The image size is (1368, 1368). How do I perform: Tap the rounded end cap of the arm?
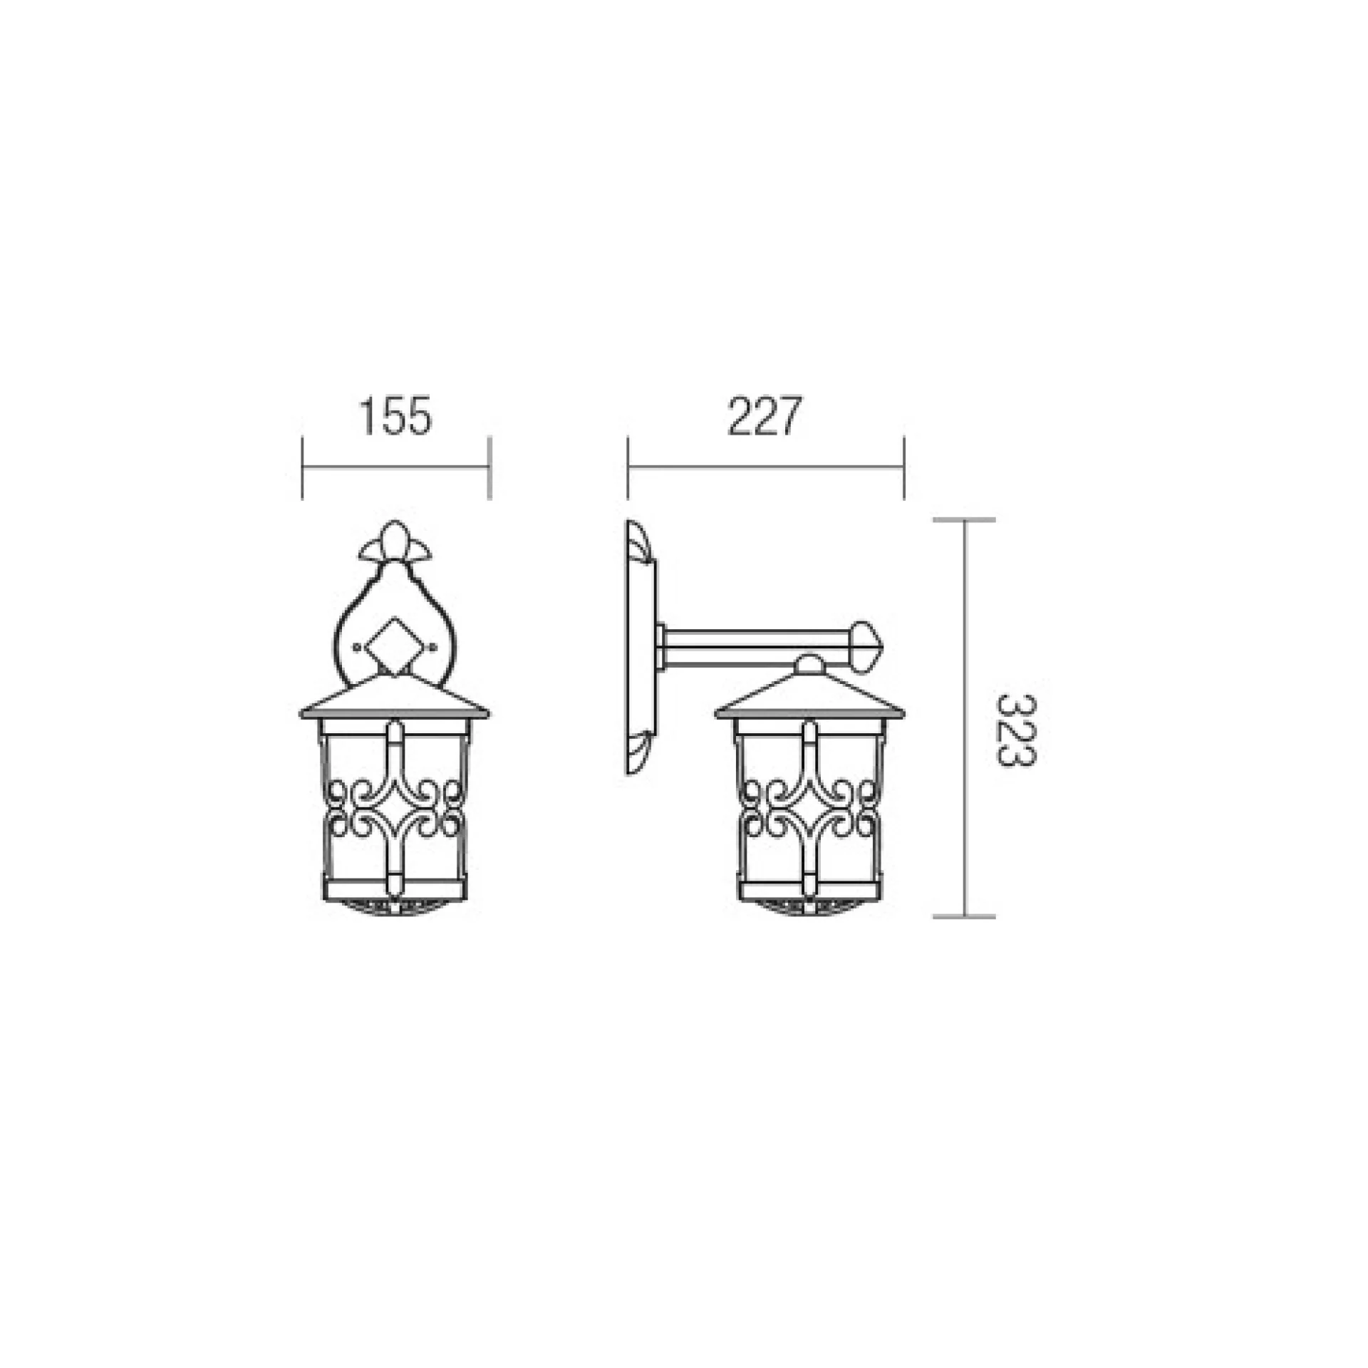867,646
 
